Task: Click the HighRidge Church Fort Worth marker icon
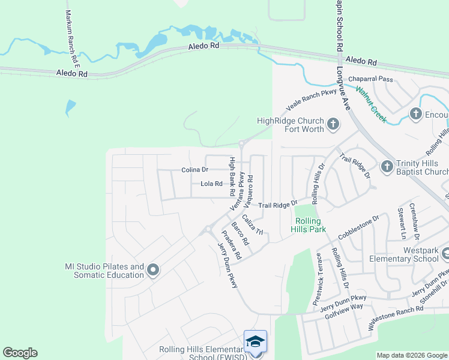pos(333,125)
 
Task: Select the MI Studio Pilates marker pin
pos(152,271)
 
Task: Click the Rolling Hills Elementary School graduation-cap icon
pos(255,341)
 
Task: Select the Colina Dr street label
pos(194,170)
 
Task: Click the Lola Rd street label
pos(211,184)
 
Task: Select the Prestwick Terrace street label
pos(319,276)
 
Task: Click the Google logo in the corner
pos(20,353)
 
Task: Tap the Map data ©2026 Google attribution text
pos(412,355)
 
